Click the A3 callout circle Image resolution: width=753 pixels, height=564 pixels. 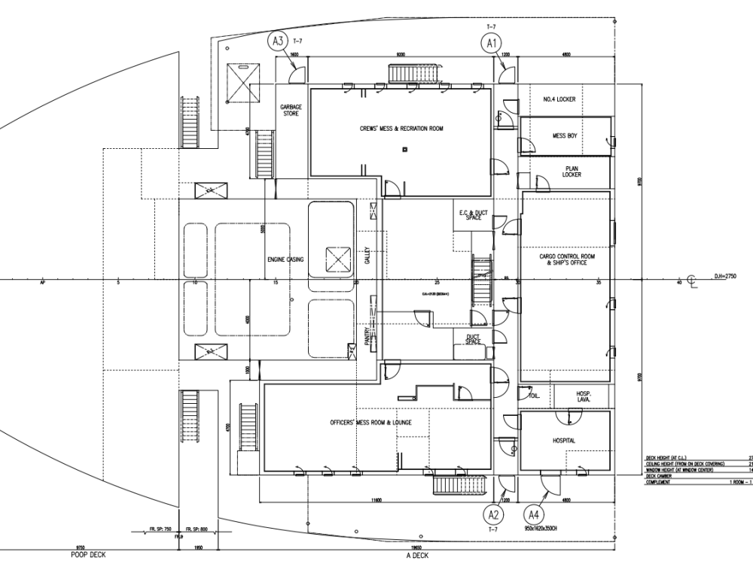[279, 42]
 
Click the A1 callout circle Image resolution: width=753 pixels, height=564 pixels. [492, 44]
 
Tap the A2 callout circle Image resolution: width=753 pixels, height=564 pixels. [494, 515]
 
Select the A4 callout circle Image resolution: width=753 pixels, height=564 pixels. [534, 515]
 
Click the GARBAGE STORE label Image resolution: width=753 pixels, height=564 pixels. [291, 111]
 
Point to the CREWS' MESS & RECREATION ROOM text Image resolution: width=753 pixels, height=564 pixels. [401, 129]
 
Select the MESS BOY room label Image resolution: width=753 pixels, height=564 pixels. [564, 136]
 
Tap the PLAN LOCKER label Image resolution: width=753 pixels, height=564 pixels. [572, 172]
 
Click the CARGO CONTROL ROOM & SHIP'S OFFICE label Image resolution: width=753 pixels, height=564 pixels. [567, 259]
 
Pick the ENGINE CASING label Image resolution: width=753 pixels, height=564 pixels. [285, 259]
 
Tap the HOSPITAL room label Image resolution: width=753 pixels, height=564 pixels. [563, 441]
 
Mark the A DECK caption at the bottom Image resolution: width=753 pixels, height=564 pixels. [416, 556]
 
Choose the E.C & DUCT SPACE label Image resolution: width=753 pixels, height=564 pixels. [474, 215]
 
